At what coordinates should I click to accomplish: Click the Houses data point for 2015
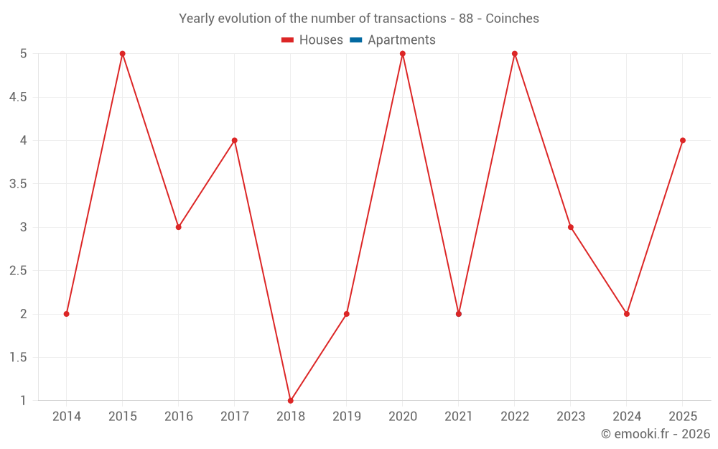point(122,54)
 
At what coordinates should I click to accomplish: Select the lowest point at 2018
point(291,401)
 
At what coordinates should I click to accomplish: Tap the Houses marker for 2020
point(403,54)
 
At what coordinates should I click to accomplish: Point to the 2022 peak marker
point(515,54)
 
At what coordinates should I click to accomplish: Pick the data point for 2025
point(683,140)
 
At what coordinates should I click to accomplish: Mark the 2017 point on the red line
point(235,140)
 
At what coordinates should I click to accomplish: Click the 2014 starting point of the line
point(67,314)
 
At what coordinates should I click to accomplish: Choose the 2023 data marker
point(571,227)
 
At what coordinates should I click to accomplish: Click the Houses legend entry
point(312,40)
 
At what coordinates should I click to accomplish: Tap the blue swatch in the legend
point(355,40)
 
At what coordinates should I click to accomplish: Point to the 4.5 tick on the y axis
point(18,97)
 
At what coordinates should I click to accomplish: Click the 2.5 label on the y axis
point(18,271)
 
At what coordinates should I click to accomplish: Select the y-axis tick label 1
point(23,401)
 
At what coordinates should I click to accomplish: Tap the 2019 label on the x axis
point(347,417)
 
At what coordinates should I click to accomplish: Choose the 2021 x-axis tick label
point(459,417)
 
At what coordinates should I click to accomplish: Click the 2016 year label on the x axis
point(179,417)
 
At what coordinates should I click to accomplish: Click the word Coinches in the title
point(512,19)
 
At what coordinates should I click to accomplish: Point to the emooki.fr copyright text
point(656,434)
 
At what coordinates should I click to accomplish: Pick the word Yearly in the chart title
point(196,19)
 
